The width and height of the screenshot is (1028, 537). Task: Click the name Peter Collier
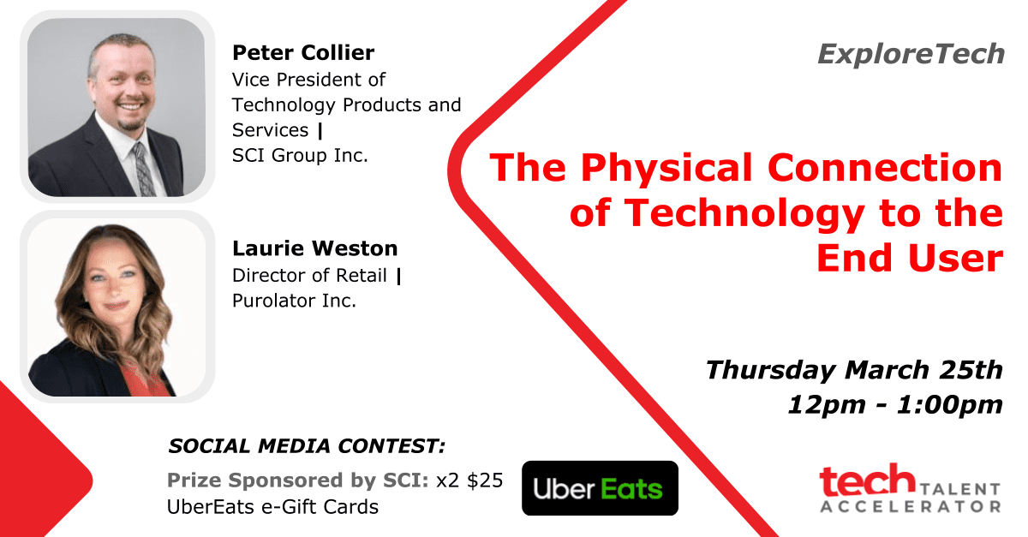coord(303,53)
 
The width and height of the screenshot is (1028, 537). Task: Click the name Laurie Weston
coord(315,248)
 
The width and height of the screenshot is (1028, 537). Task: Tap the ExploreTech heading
coord(911,54)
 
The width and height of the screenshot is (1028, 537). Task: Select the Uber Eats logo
coord(600,488)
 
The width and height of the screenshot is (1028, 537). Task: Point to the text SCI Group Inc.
coord(300,156)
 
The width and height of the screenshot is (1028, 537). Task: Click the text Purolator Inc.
coord(294,301)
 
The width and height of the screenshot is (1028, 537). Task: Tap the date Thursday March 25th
coord(854,370)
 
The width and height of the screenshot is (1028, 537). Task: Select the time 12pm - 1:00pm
coord(895,405)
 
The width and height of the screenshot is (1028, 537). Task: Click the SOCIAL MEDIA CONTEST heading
coord(307,446)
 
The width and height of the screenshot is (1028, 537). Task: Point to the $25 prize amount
coord(485,480)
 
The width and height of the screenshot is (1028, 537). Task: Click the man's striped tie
coord(145,170)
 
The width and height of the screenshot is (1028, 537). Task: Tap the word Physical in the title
coord(666,168)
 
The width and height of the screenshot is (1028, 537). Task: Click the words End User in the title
coord(910,258)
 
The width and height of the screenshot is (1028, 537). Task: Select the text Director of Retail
coord(309,276)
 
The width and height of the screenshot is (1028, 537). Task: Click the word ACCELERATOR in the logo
coord(911,507)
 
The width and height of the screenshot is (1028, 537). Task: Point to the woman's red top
coord(146,380)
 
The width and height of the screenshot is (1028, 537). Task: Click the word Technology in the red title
coord(744,214)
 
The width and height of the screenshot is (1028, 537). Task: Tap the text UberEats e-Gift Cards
coord(272,507)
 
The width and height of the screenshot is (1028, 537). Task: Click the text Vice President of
coord(308,80)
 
